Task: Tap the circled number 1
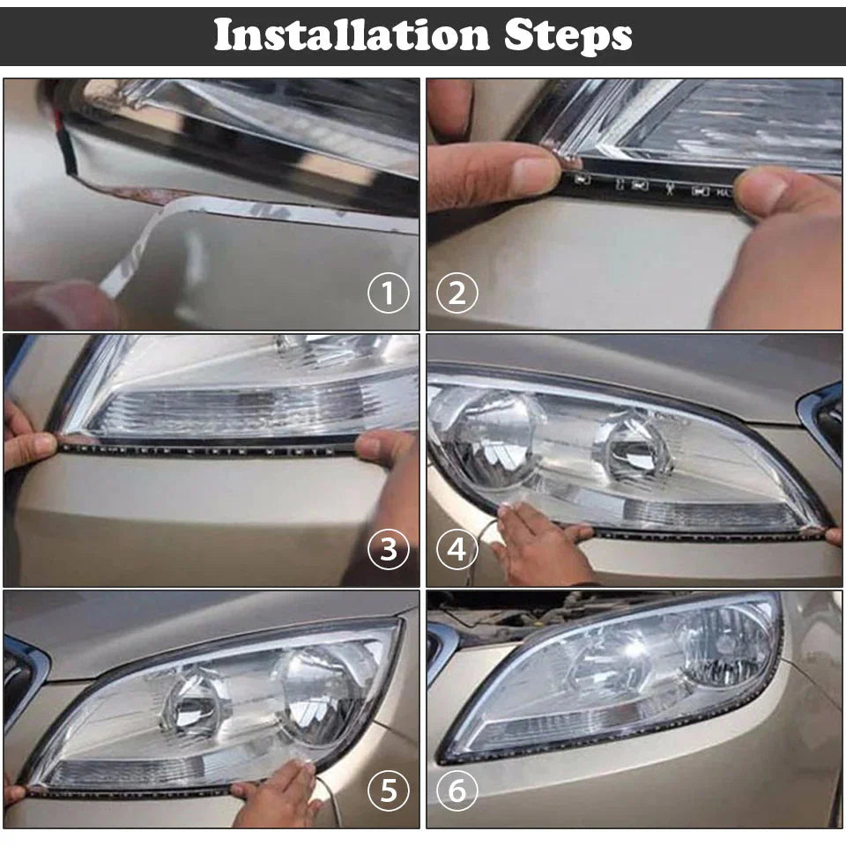click(x=389, y=293)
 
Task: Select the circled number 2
click(x=456, y=293)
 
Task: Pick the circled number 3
click(x=389, y=549)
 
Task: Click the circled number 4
click(x=456, y=549)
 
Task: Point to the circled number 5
click(x=389, y=791)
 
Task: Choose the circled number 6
click(x=456, y=791)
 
